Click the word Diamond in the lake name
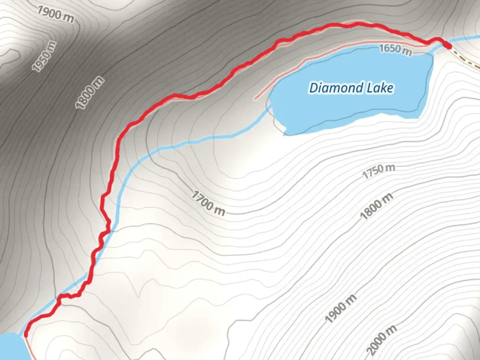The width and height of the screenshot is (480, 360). [336, 88]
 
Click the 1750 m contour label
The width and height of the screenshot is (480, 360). [379, 171]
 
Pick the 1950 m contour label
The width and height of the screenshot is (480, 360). [44, 56]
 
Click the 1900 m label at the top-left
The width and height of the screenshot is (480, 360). [55, 14]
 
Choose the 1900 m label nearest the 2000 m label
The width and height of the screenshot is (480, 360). [340, 308]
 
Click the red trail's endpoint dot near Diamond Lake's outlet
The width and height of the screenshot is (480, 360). [448, 45]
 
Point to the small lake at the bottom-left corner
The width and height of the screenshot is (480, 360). [10, 347]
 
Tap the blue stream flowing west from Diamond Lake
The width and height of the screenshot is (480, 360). [200, 140]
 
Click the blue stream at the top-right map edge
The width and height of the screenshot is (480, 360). [467, 38]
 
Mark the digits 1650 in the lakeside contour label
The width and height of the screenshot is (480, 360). [390, 48]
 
